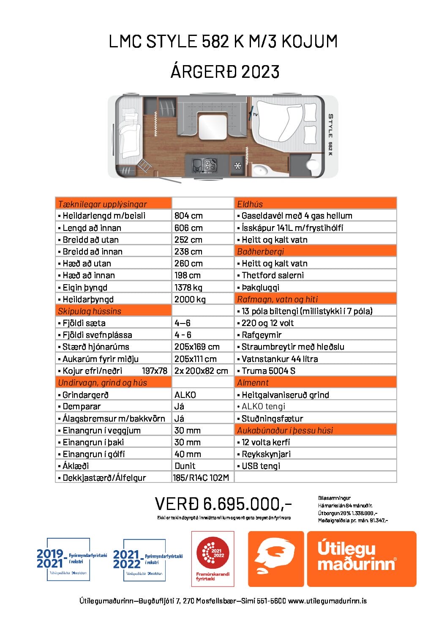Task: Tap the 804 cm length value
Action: coord(188,216)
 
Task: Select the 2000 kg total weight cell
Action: coord(190,299)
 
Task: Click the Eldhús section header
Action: coord(250,204)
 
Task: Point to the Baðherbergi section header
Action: coord(260,252)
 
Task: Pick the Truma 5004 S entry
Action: coord(268,371)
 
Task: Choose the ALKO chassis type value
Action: coord(185,395)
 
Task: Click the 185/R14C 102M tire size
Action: coord(201,478)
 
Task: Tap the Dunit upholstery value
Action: coord(185,466)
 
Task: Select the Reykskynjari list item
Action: coord(266,454)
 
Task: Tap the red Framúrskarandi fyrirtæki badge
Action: coord(213,559)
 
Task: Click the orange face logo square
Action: coord(275,559)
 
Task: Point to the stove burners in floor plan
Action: coord(210,164)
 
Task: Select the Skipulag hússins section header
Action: coord(90,311)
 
